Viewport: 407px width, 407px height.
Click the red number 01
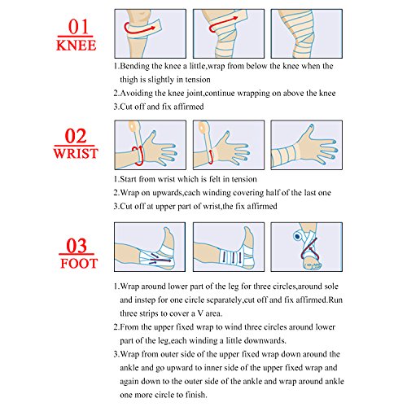click(78, 27)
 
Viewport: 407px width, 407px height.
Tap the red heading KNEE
click(76, 45)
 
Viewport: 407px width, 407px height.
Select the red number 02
click(76, 136)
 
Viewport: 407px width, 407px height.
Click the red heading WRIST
click(76, 153)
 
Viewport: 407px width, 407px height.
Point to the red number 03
click(77, 245)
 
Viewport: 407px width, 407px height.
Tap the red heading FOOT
click(79, 263)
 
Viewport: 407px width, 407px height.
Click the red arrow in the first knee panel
click(138, 28)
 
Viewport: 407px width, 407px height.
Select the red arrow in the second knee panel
click(223, 24)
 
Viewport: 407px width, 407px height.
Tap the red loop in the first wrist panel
click(139, 155)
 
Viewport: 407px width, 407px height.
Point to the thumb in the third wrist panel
click(309, 132)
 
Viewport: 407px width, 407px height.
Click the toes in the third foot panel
click(313, 265)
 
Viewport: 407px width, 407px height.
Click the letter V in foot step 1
click(200, 313)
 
